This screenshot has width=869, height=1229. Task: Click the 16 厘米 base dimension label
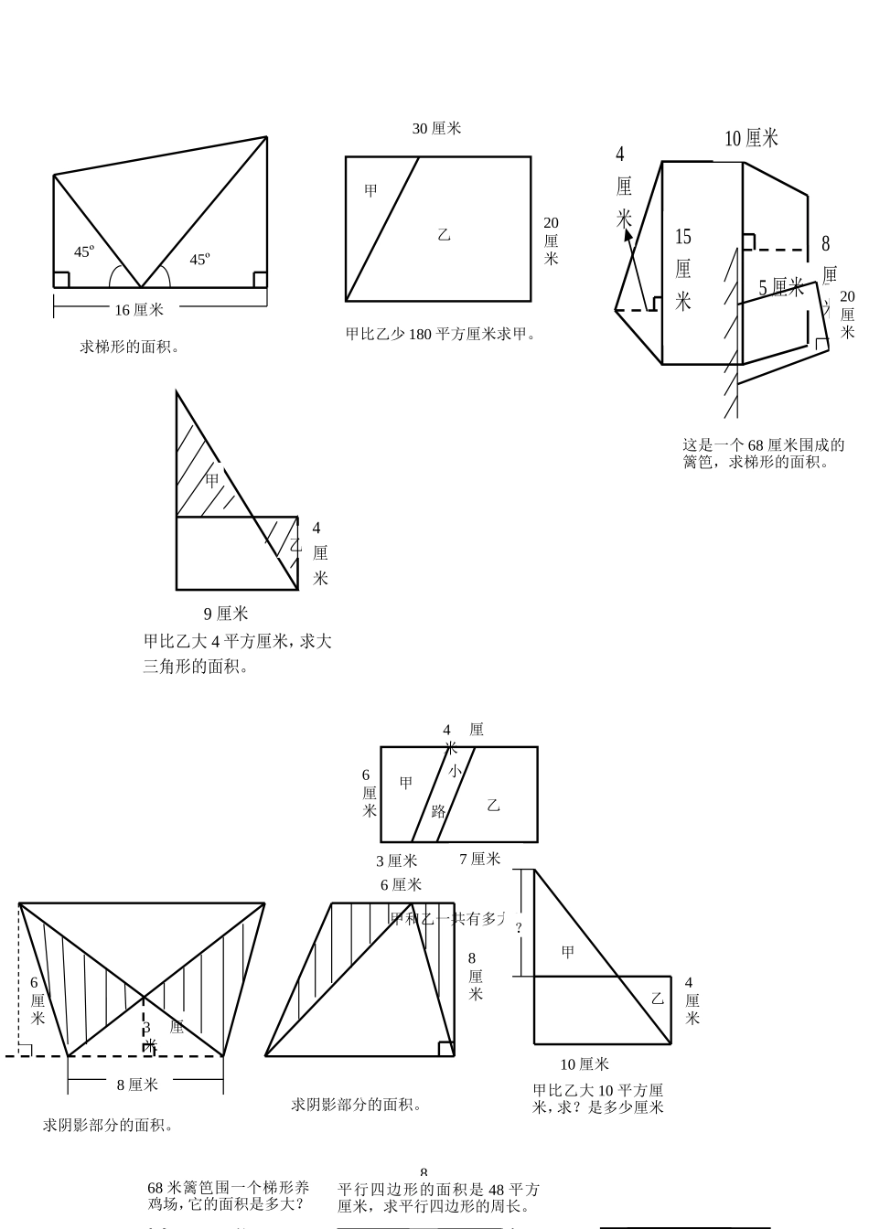[x=139, y=310]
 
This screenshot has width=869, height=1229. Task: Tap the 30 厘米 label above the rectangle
[x=436, y=129]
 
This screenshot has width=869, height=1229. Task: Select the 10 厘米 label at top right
[x=751, y=139]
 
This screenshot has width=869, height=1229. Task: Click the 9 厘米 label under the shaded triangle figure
[x=225, y=614]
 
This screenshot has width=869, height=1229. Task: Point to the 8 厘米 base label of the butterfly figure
[x=137, y=1085]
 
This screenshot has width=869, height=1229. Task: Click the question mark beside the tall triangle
[x=519, y=927]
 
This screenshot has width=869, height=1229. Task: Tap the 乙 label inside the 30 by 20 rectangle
[x=445, y=235]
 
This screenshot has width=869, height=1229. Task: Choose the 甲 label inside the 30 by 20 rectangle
[x=370, y=191]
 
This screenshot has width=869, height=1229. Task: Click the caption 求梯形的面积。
[x=129, y=347]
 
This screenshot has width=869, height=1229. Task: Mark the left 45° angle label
[x=84, y=251]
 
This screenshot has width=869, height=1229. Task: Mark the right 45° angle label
[x=199, y=260]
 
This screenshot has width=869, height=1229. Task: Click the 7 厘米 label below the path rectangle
[x=479, y=859]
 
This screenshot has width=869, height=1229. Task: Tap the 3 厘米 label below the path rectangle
[x=396, y=860]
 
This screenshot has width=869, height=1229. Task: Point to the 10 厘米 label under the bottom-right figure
[x=584, y=1064]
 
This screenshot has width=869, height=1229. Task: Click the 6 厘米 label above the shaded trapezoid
[x=401, y=884]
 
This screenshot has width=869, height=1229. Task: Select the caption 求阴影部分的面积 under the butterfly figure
[x=108, y=1125]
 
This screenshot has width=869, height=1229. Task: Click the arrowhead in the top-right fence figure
[x=628, y=234]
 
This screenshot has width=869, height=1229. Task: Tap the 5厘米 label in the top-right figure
[x=780, y=288]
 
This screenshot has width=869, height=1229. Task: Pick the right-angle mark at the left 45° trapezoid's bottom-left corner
[x=62, y=279]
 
